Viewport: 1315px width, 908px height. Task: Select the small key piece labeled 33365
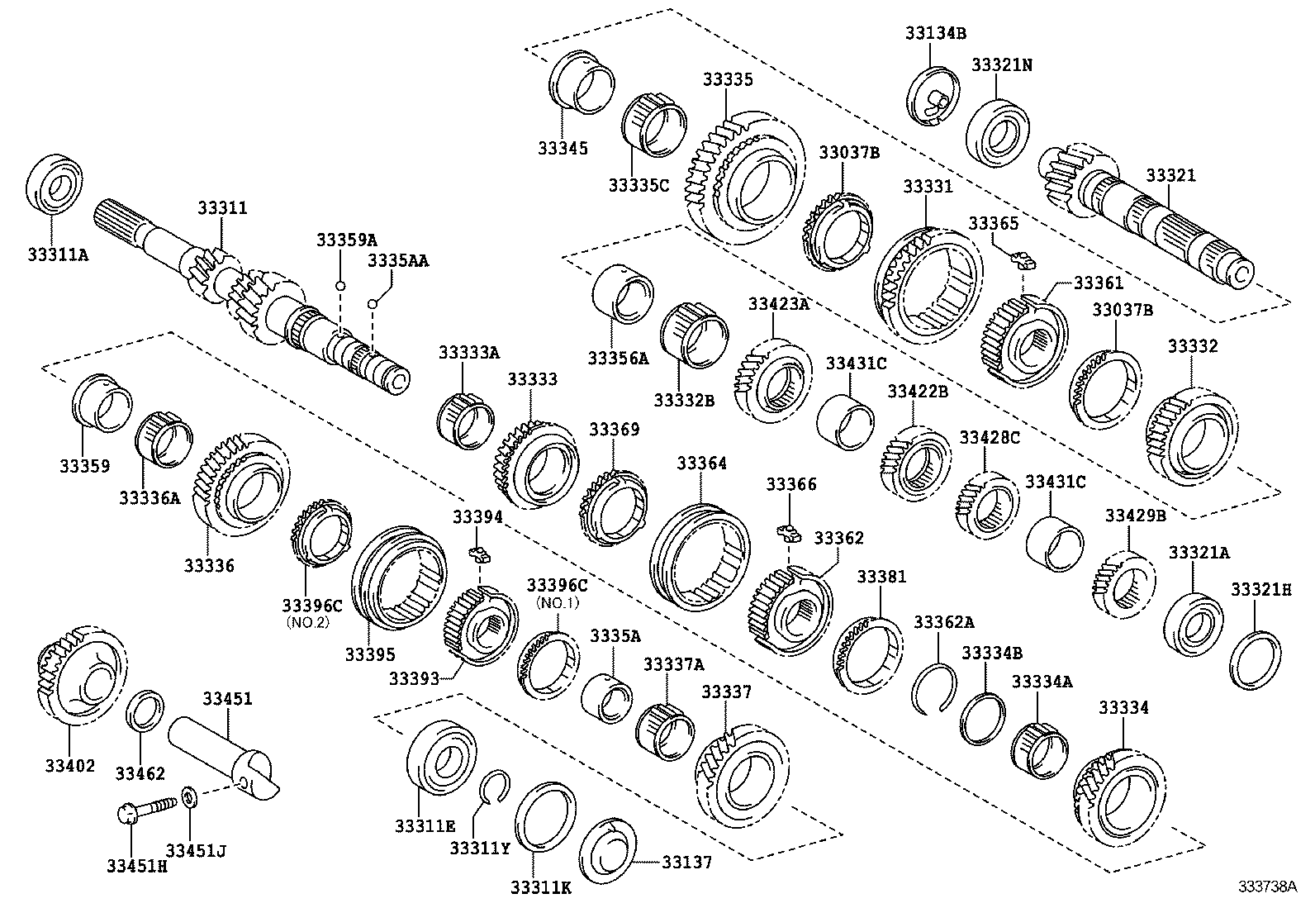coord(1024,261)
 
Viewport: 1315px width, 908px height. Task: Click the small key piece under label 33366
coord(790,531)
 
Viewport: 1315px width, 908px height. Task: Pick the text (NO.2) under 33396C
coord(307,622)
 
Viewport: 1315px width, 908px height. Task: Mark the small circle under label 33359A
coord(339,285)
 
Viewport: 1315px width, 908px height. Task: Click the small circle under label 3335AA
coord(373,305)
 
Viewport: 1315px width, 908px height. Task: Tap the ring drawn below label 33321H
coord(1256,659)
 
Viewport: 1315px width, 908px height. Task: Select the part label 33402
coord(70,765)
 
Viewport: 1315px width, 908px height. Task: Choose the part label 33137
coord(686,862)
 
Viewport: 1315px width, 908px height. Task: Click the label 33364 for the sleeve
coord(702,463)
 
